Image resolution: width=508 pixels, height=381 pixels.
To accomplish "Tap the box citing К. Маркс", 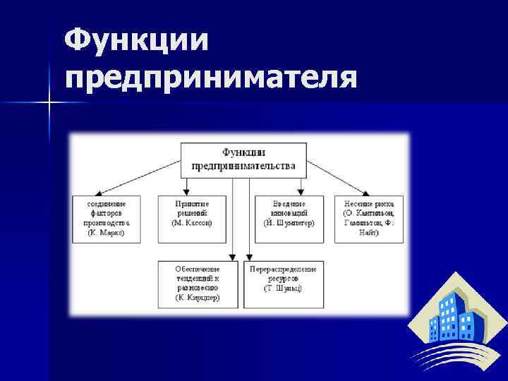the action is coord(106,217).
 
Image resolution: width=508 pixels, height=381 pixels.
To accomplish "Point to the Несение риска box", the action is coord(369,217).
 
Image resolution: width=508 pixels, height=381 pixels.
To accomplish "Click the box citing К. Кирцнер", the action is coord(198,284).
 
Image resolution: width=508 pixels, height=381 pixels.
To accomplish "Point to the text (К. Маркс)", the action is coord(106,232).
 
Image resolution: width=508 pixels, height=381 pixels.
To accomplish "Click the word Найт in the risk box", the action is coord(369,232).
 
